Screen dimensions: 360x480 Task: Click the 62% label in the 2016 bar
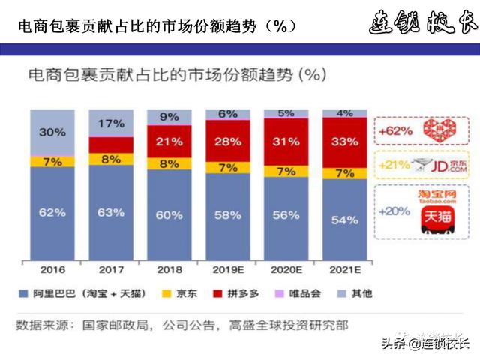pos(52,212)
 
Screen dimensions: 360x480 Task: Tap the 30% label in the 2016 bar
pos(52,133)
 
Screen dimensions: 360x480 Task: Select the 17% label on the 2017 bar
pos(110,123)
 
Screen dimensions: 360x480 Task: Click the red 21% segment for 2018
pos(169,142)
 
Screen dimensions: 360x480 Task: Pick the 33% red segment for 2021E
pos(344,141)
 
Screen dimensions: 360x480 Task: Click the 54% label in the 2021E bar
pos(344,220)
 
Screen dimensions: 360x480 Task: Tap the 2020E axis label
pos(286,268)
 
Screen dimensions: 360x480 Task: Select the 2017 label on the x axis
pos(110,268)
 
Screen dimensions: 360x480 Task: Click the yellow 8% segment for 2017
pos(110,159)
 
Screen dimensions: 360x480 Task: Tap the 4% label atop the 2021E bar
pos(344,113)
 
